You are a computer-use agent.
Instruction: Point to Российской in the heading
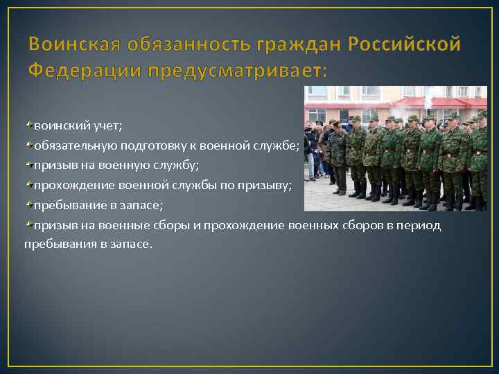(404, 46)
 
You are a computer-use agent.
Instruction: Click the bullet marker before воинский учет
(28, 125)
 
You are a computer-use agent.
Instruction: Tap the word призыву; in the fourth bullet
(266, 186)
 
